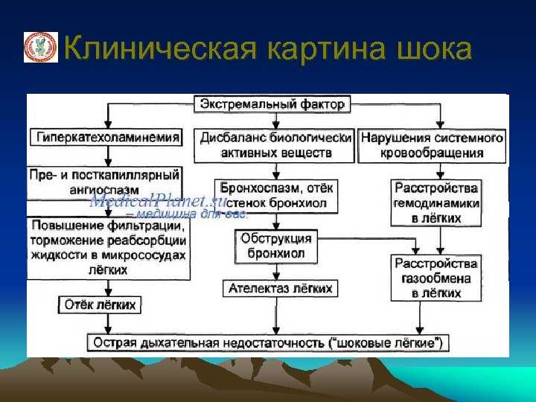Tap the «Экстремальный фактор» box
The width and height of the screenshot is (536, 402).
pos(272,104)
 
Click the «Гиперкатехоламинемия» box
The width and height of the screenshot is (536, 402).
pos(107,137)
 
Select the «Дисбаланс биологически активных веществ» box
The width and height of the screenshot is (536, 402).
pos(276,145)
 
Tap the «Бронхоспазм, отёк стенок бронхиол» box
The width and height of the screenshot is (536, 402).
pos(277,194)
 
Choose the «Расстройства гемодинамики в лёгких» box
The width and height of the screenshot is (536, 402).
pos(436,202)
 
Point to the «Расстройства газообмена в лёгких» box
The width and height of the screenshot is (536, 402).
pos(436,278)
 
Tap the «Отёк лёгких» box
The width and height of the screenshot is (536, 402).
pos(101,304)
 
